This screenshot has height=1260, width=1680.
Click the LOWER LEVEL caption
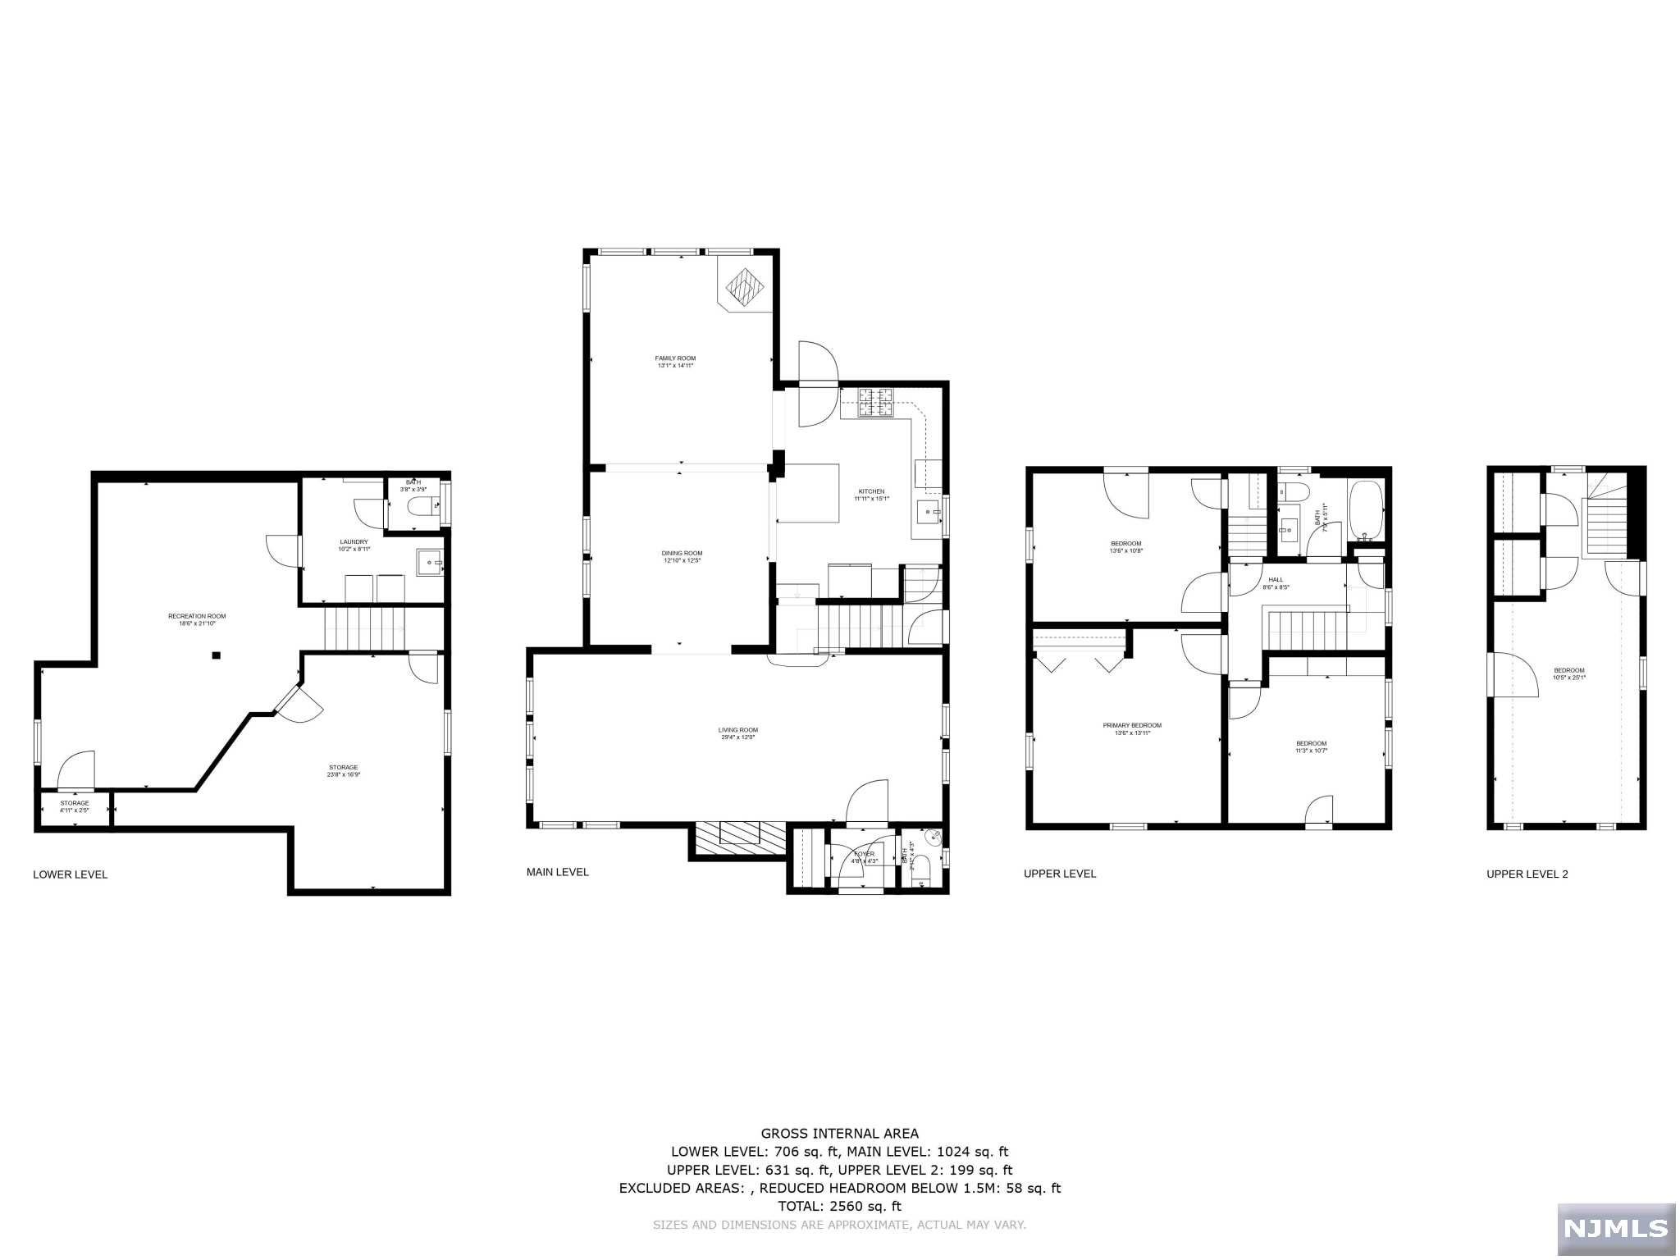point(70,874)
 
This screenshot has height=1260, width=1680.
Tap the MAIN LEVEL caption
point(557,872)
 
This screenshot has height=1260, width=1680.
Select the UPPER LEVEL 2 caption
point(1527,874)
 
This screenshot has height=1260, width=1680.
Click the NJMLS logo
point(1615,1228)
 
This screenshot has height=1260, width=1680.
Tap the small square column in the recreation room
point(217,655)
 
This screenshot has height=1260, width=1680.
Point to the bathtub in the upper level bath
point(1365,509)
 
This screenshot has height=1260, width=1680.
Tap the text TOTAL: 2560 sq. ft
point(839,1206)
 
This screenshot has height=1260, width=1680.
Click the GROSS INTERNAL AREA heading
point(839,1134)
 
